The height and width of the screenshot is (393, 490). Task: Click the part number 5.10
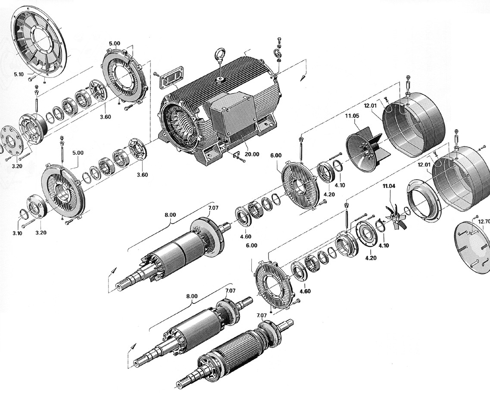tap(19, 74)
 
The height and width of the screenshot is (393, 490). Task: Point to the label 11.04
tap(389, 186)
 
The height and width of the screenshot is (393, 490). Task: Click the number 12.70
tap(484, 222)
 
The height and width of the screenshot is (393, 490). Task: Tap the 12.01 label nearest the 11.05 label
tap(371, 105)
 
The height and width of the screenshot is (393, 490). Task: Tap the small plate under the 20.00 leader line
tap(236, 154)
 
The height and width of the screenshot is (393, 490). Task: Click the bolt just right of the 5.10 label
tap(31, 78)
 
